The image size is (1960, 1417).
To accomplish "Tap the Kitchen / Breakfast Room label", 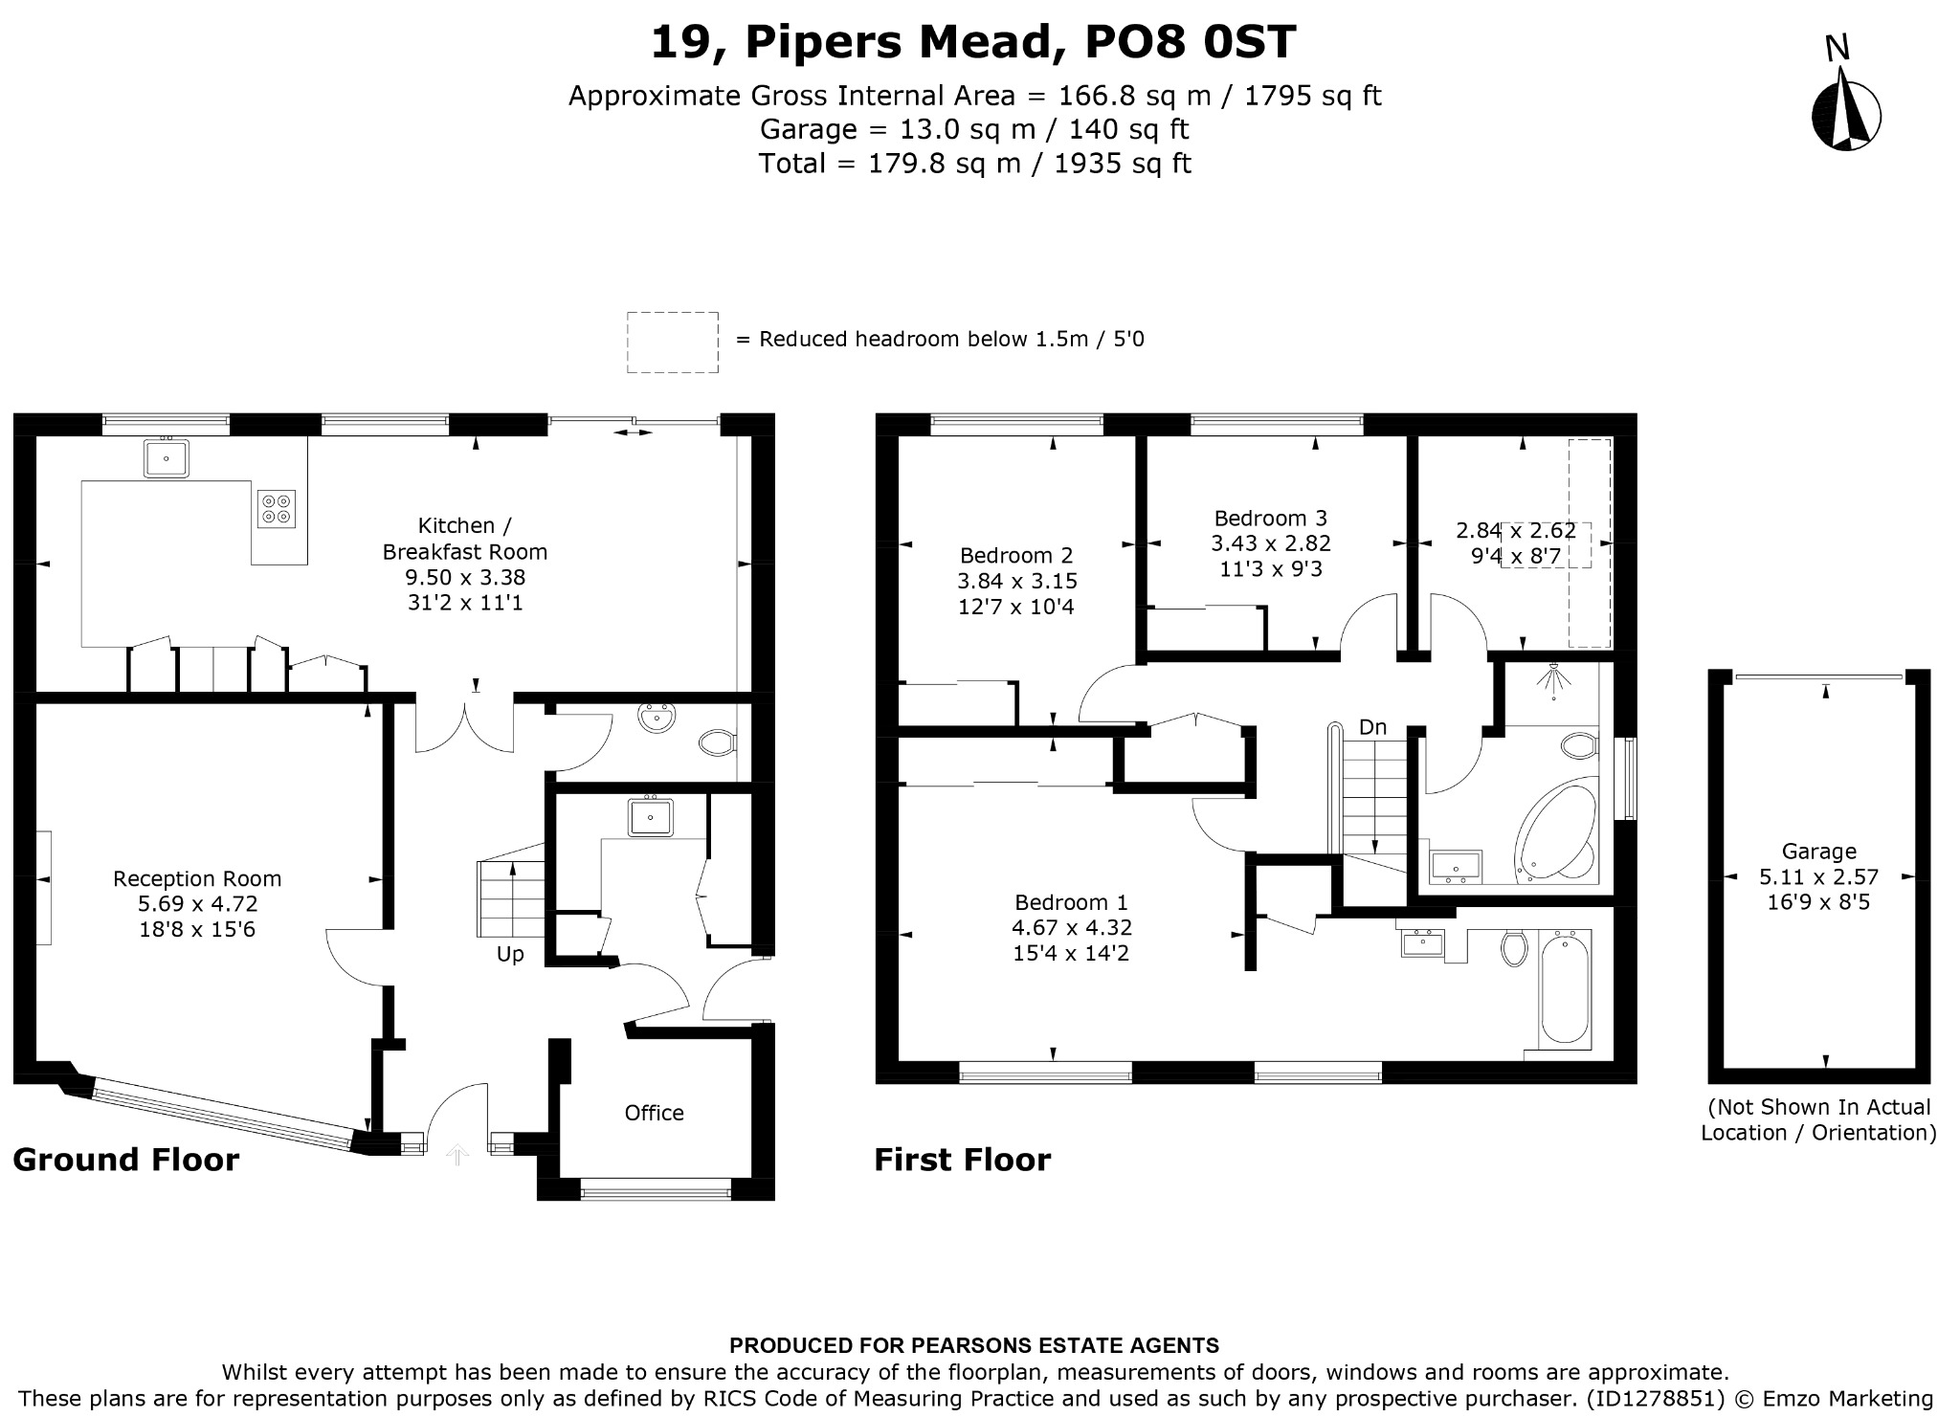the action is (x=464, y=539).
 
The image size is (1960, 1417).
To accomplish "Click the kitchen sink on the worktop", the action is (x=167, y=457).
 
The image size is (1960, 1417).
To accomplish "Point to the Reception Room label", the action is (x=197, y=878).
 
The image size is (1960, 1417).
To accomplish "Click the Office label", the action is (x=654, y=1113).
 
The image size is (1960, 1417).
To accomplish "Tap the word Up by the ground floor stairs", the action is (x=510, y=955).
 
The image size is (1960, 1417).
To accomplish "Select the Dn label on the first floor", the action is (x=1372, y=727).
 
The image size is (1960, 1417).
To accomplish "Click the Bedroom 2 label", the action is (x=1016, y=555).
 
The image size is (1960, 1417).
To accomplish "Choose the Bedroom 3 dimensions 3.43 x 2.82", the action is (x=1271, y=543).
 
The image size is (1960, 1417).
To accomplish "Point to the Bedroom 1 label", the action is (x=1071, y=902).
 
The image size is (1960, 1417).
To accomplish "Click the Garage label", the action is (x=1818, y=852).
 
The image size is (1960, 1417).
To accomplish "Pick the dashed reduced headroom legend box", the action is (x=672, y=342).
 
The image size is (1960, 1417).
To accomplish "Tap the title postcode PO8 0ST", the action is (x=1191, y=42).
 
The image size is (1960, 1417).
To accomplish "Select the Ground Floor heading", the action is (x=125, y=1160).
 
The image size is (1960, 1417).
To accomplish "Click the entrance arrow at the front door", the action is (x=457, y=1155).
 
